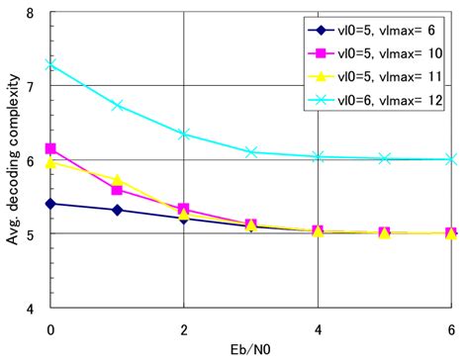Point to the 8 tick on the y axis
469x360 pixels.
pos(33,13)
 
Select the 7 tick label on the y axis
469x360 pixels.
pos(33,86)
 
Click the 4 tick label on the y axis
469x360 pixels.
pos(33,308)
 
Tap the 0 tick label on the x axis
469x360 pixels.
pos(49,326)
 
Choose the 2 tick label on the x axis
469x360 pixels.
pos(184,326)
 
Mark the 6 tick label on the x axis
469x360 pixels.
pos(451,326)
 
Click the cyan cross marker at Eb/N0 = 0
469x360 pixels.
pos(49,64)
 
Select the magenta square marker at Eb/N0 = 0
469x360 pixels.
pos(49,148)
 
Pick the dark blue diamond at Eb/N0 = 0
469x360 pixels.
pos(49,204)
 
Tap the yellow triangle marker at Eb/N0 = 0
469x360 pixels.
pos(49,161)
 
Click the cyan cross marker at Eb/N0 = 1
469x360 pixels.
pos(117,105)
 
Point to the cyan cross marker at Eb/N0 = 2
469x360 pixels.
pos(184,134)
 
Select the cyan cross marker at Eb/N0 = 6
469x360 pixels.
pos(451,158)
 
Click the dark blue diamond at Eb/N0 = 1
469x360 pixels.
pos(117,210)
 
